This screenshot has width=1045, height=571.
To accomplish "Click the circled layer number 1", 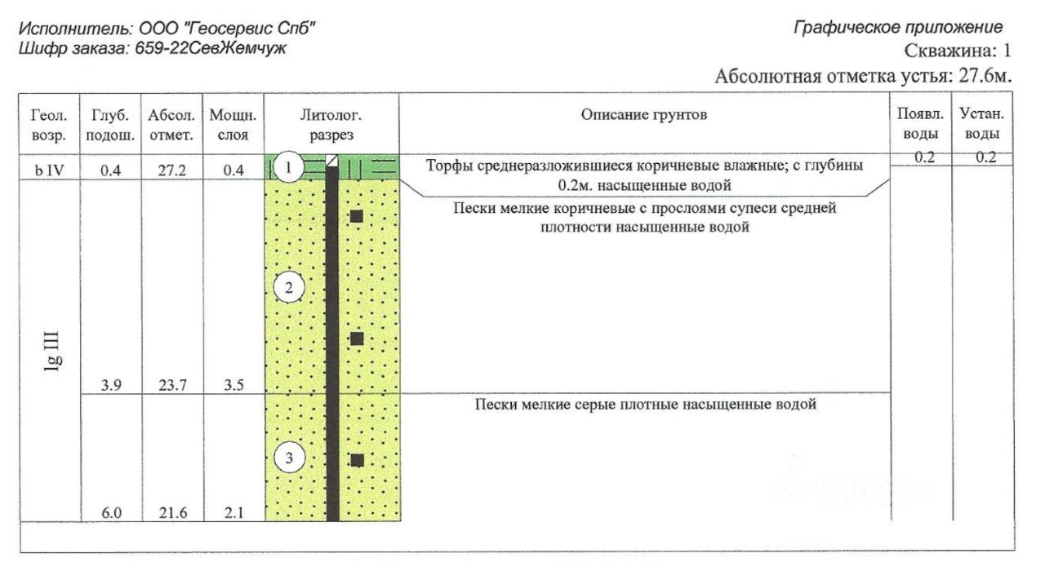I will point(287,169).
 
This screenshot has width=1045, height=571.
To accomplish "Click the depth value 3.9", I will point(111,387).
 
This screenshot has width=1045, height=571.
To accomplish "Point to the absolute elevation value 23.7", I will point(170,387).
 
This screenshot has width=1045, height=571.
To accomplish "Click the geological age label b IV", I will point(50,170).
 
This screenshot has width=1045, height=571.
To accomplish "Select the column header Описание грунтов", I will point(644,115).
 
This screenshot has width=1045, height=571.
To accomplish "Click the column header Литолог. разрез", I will point(331,125).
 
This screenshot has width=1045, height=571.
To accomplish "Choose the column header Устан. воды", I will point(981,124).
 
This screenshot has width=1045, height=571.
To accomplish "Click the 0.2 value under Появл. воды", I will point(923,158).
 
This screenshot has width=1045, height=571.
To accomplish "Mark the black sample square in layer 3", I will point(357,460).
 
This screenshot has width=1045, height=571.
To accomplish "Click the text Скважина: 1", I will point(958,51).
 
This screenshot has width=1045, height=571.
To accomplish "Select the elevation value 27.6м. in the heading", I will point(982,77).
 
